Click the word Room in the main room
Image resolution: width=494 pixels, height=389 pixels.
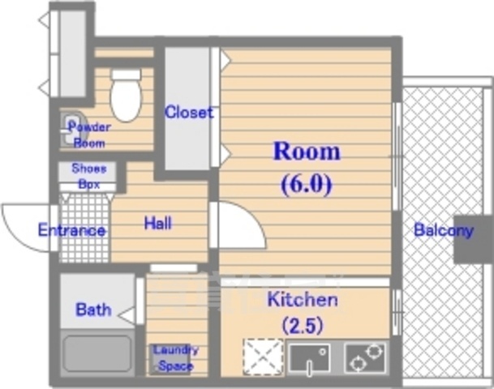[x=306, y=152]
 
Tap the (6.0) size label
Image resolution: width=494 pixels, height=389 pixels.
[x=306, y=184]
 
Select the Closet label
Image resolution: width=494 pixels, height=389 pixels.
[x=189, y=112]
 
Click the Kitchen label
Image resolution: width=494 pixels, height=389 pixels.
[x=303, y=300]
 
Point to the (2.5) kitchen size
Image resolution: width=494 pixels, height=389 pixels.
[x=303, y=326]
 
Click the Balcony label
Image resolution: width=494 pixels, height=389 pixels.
[x=443, y=229]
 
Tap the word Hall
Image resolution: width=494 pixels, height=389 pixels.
[x=157, y=223]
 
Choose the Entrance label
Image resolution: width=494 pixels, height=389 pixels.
[x=71, y=230]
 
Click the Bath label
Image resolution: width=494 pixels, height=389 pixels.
[x=92, y=309]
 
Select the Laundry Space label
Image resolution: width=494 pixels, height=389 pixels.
[x=175, y=357]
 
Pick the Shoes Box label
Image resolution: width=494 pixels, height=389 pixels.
[x=88, y=176]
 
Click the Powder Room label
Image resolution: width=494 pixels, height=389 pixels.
[x=89, y=135]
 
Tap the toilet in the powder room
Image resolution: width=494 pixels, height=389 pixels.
[x=126, y=96]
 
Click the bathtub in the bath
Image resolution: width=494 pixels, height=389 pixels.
[x=97, y=354]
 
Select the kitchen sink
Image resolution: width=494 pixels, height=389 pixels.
[x=308, y=358]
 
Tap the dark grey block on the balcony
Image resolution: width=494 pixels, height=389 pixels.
[x=473, y=238]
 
